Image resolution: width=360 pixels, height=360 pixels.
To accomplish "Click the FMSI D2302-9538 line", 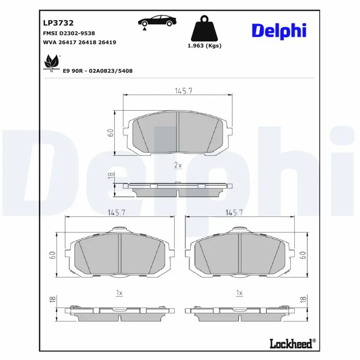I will (68, 33).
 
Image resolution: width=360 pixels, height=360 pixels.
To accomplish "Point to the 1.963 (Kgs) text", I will (204, 46).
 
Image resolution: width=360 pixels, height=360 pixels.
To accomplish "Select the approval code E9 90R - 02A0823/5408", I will (98, 71).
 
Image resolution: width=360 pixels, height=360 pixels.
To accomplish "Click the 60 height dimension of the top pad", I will (110, 132).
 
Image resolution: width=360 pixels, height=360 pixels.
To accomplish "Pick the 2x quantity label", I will (178, 165).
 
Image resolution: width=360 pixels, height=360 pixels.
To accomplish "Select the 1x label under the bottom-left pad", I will (119, 293).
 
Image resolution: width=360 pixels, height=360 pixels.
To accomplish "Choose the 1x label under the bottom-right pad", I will (239, 293).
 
